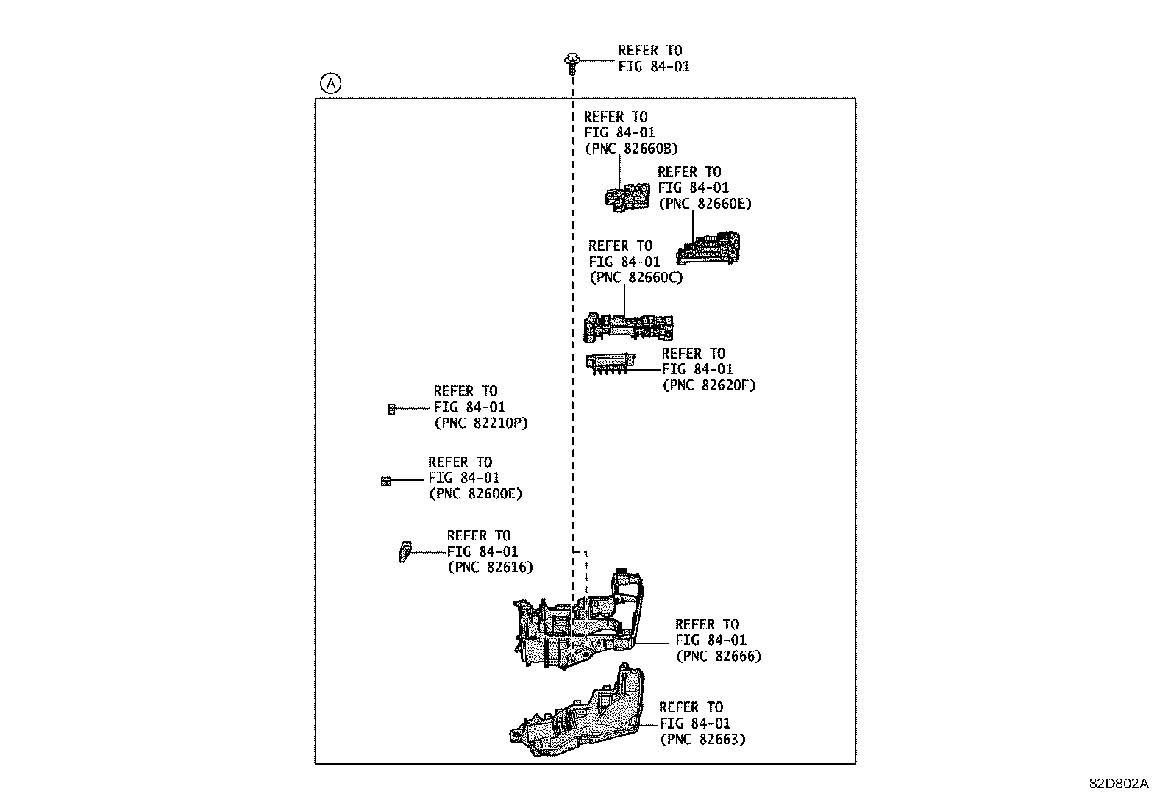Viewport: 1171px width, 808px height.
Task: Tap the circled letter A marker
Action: point(330,85)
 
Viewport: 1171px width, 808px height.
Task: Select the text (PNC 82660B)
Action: point(631,149)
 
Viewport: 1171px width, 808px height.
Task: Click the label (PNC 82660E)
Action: point(705,204)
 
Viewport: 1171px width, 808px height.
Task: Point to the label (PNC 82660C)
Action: point(636,278)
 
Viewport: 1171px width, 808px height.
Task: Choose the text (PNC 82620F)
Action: point(708,385)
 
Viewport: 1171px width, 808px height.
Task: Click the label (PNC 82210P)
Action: point(481,423)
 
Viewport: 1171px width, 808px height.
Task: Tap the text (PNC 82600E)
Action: point(475,494)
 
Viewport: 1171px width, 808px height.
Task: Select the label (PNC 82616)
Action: point(490,567)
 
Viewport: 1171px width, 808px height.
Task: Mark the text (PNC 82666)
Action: point(718,656)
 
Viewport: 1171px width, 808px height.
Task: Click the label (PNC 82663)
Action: point(702,739)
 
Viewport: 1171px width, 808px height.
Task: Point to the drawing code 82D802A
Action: point(1118,784)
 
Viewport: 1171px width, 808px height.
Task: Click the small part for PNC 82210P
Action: point(391,409)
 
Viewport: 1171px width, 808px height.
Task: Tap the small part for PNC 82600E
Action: point(385,481)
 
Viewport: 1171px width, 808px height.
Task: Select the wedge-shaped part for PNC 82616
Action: point(404,551)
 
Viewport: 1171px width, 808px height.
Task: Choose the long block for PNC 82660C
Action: point(627,326)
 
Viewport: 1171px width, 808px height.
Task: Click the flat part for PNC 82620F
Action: point(609,363)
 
